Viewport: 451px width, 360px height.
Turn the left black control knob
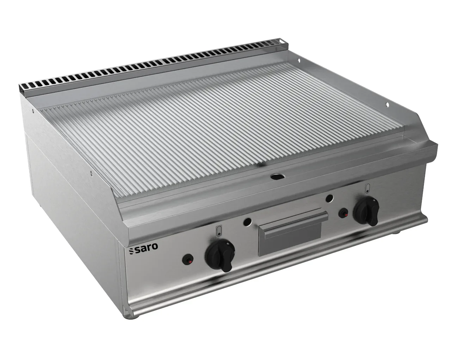pos(218,254)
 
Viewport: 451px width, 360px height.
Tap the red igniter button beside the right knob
pos(343,213)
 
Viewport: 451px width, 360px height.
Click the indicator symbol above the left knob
pos(218,231)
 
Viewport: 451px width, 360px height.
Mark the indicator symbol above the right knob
pos(367,188)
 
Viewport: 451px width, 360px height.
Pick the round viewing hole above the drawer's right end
pos(329,198)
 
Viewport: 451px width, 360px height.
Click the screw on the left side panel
pos(91,173)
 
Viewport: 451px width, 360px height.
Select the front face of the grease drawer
pos(290,240)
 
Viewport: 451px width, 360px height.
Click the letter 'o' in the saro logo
pos(155,246)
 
